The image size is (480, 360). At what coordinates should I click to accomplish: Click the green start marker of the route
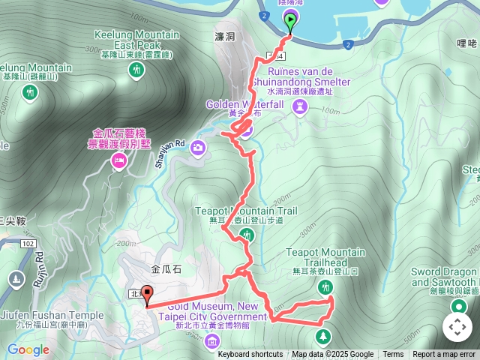[x=291, y=20]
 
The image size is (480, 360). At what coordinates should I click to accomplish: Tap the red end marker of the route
[x=146, y=296]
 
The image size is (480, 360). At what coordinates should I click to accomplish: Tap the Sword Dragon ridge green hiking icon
[x=457, y=306]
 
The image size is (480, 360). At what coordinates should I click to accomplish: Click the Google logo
[x=28, y=349]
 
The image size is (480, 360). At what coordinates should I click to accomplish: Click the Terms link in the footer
[x=393, y=355]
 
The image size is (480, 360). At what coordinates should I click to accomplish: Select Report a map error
[x=444, y=355]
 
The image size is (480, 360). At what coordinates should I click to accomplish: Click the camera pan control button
[x=457, y=326]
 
